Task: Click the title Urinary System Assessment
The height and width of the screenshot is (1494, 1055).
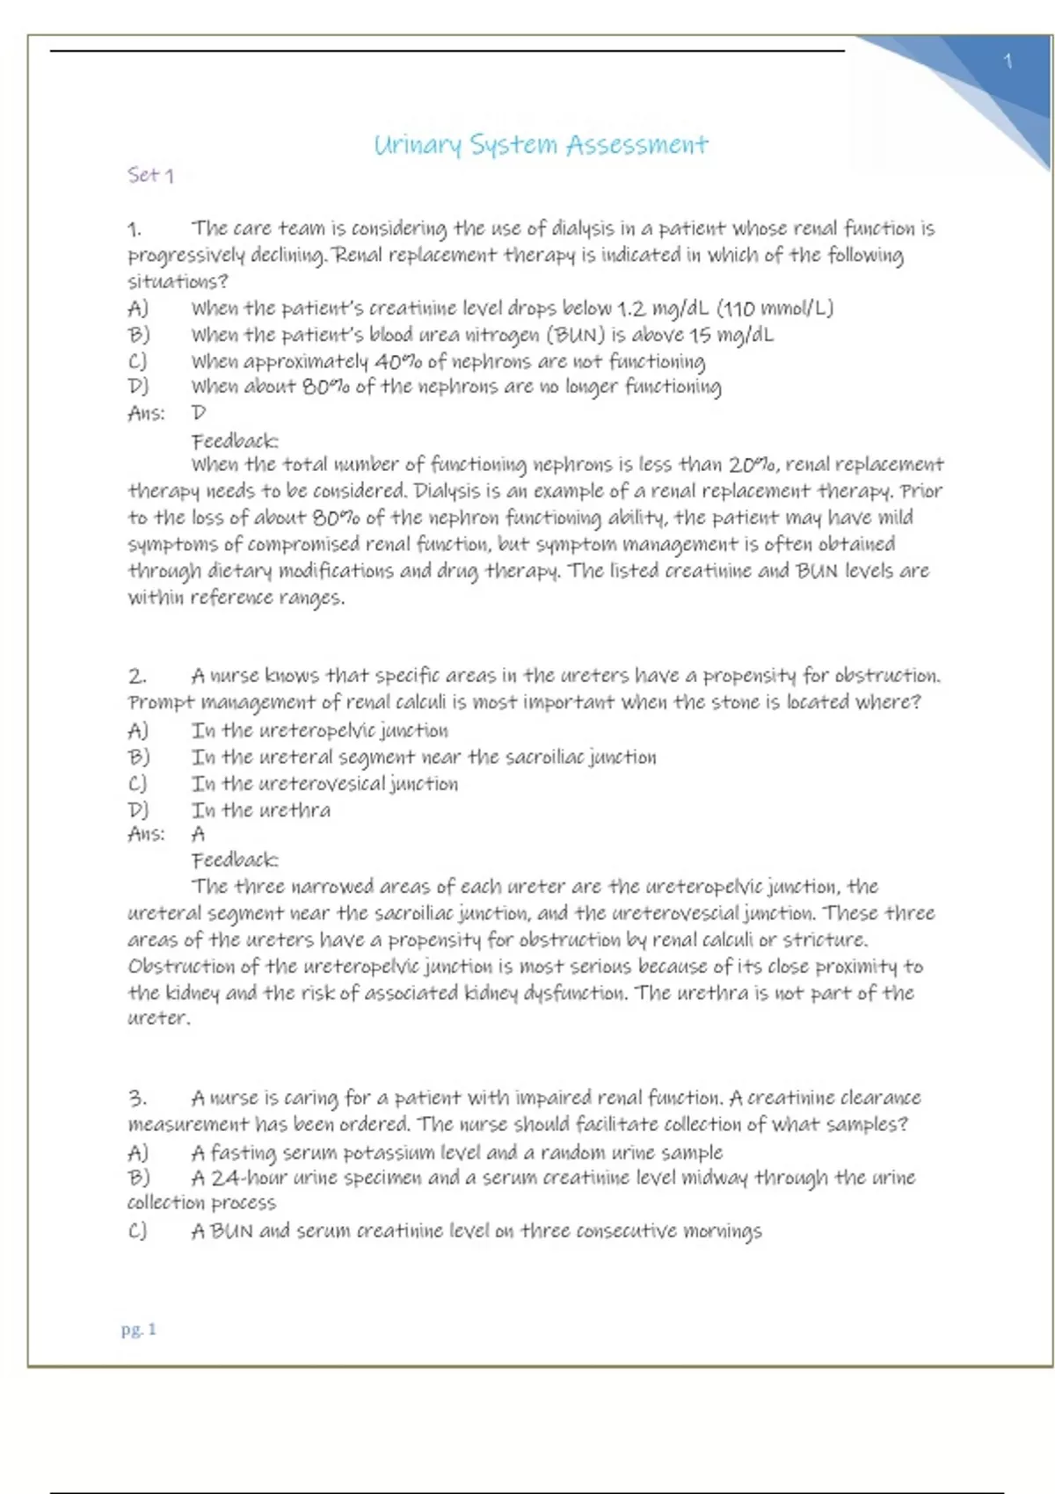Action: pyautogui.click(x=541, y=145)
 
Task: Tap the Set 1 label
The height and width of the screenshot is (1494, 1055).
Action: pyautogui.click(x=150, y=175)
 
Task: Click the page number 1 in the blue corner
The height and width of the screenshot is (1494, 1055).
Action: pyautogui.click(x=1008, y=62)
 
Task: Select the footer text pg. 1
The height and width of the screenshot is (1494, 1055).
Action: pyautogui.click(x=139, y=1329)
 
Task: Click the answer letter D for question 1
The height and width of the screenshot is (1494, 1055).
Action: pyautogui.click(x=199, y=412)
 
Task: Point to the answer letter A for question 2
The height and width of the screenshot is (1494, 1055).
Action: pyautogui.click(x=199, y=834)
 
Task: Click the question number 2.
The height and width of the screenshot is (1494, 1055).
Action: pyautogui.click(x=137, y=676)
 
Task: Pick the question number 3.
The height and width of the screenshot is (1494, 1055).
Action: pyautogui.click(x=137, y=1098)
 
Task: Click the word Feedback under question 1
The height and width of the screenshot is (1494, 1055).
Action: pyautogui.click(x=235, y=440)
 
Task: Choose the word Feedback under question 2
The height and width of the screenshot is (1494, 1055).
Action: pyautogui.click(x=235, y=859)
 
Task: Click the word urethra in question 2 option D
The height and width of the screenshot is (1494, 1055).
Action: pyautogui.click(x=295, y=810)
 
